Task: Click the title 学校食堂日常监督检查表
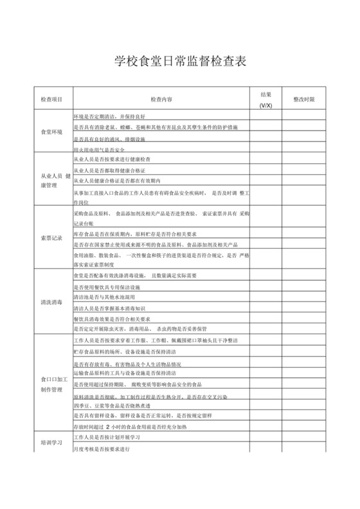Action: (x=179, y=62)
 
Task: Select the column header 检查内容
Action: (x=161, y=100)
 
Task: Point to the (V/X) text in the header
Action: (x=265, y=105)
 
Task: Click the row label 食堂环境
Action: (x=51, y=132)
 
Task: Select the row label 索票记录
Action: (x=51, y=238)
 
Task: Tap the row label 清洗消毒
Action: (x=51, y=302)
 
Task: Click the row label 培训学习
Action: (x=51, y=443)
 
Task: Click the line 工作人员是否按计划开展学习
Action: (x=112, y=437)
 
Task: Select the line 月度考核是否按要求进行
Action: (x=103, y=449)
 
